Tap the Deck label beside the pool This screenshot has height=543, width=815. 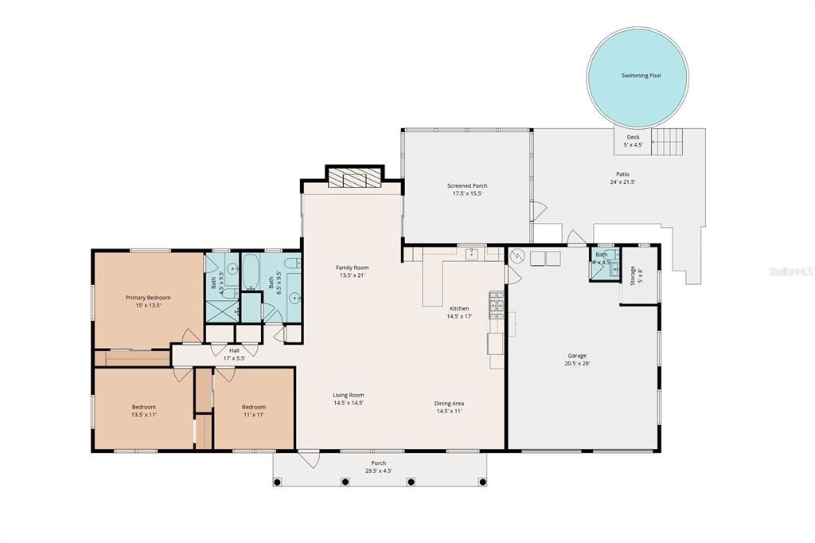633,137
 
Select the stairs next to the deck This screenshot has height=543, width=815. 667,143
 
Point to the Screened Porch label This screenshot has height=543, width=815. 467,186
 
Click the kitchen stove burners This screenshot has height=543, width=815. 496,304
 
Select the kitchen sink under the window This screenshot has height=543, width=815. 471,254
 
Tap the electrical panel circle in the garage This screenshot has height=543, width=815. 516,256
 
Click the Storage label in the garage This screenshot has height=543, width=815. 633,275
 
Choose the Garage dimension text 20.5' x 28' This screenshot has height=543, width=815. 577,364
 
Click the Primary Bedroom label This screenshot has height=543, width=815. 148,298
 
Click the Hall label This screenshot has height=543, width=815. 234,350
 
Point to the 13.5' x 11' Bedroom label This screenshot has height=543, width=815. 143,407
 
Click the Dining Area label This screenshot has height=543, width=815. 449,404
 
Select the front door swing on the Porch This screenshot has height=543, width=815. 308,459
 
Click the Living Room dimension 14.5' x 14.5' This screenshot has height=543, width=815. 349,403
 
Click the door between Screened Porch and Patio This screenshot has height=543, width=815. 537,212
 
